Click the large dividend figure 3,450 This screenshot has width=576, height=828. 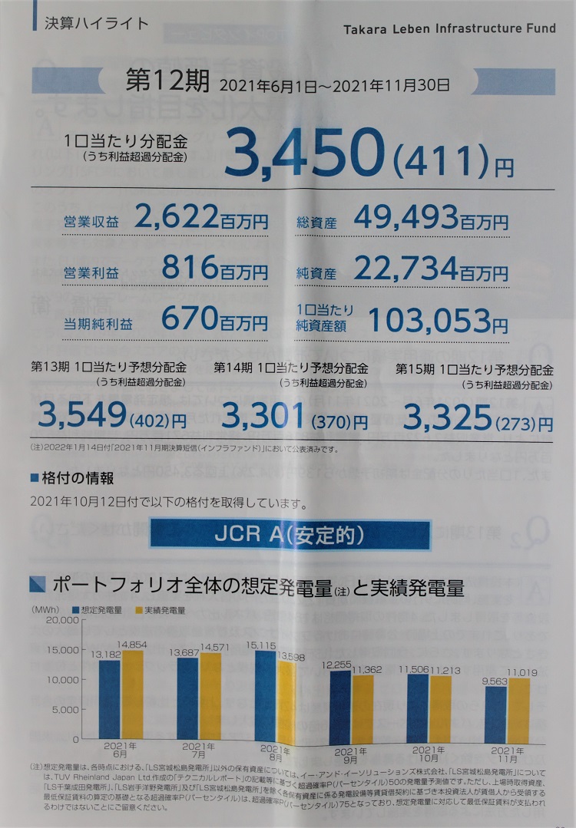click(x=303, y=151)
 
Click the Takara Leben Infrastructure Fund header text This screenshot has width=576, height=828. click(x=447, y=29)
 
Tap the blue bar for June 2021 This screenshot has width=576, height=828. click(x=110, y=700)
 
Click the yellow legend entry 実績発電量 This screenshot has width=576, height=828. click(x=163, y=611)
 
